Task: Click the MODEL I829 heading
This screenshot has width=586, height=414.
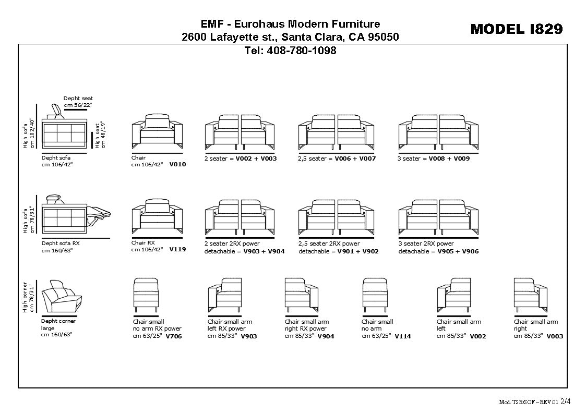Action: point(516,29)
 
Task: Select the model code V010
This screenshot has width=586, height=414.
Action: point(177,164)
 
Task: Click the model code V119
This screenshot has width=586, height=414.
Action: point(177,250)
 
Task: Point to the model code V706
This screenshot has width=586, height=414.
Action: point(174,337)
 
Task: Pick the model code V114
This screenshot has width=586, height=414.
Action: point(402,337)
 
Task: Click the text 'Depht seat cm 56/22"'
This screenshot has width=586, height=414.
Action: point(78,102)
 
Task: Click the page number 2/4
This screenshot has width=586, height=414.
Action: point(566,402)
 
